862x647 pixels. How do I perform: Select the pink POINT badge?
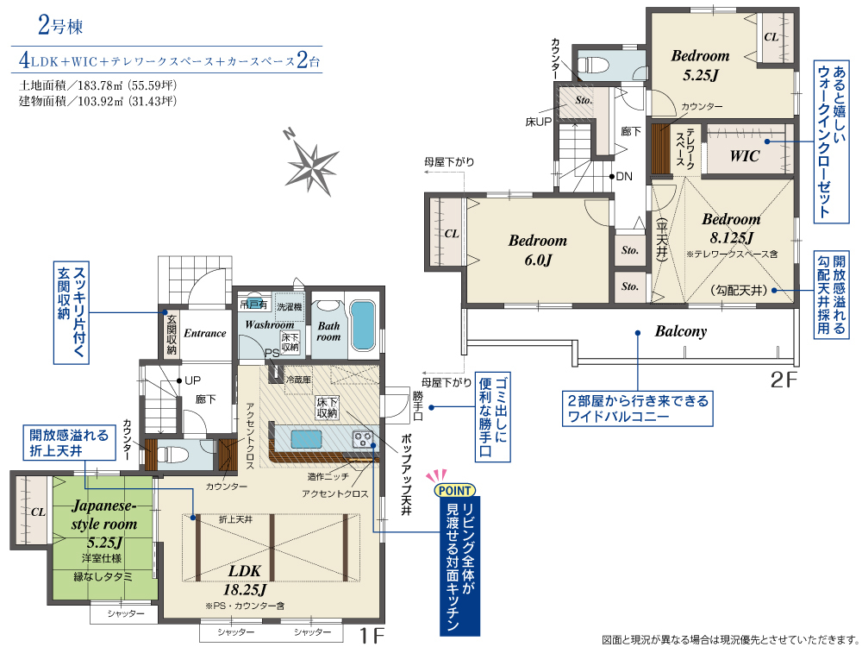455,490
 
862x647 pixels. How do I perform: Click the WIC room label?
745,155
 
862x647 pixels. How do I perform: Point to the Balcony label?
681,331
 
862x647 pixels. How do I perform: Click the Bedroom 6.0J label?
537,250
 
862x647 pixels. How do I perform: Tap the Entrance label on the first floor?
204,333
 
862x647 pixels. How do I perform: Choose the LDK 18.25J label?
245,581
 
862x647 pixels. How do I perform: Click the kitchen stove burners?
362,439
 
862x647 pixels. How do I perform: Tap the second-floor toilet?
596,65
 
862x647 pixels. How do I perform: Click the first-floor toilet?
172,455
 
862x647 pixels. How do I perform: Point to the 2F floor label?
784,380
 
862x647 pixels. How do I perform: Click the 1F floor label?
372,636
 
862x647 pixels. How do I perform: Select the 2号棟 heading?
60,25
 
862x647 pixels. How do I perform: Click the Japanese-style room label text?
104,514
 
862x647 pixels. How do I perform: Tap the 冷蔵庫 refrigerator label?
298,379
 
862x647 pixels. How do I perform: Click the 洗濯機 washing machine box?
289,307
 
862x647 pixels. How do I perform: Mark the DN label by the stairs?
624,177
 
